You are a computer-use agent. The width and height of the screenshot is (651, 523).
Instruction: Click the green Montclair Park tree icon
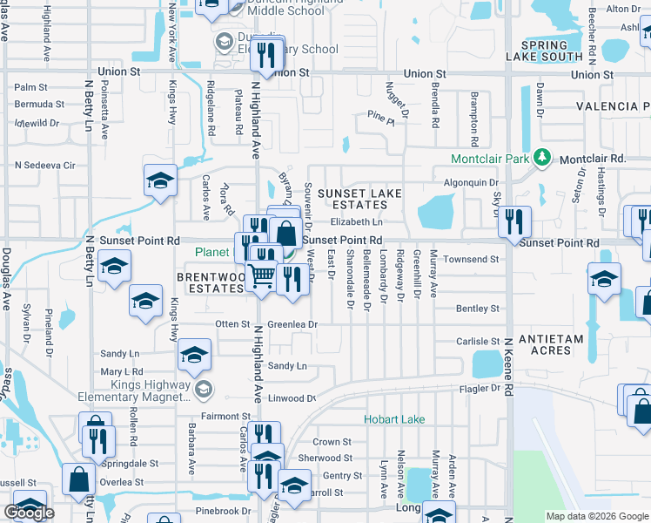pyautogui.click(x=543, y=158)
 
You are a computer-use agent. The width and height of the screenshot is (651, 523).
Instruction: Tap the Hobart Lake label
pyautogui.click(x=394, y=420)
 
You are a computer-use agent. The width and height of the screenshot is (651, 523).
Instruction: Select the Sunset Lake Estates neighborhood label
pyautogui.click(x=352, y=199)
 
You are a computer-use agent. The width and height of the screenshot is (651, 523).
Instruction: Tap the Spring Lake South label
pyautogui.click(x=550, y=51)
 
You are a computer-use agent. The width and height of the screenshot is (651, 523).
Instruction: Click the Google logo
pyautogui.click(x=29, y=513)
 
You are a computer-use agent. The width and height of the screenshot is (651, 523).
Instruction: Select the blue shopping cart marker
pyautogui.click(x=262, y=276)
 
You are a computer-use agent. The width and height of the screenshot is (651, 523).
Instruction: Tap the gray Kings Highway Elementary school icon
pyautogui.click(x=203, y=389)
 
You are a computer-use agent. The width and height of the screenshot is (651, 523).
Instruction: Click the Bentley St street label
pyautogui.click(x=478, y=309)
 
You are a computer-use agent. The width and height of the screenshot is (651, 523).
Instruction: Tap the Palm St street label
pyautogui.click(x=30, y=87)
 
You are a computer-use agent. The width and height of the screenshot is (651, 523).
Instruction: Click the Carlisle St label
pyautogui.click(x=477, y=342)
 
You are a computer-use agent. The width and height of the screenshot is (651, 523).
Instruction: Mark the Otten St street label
pyautogui.click(x=233, y=324)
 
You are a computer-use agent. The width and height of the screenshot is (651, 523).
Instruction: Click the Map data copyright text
pyautogui.click(x=596, y=516)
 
